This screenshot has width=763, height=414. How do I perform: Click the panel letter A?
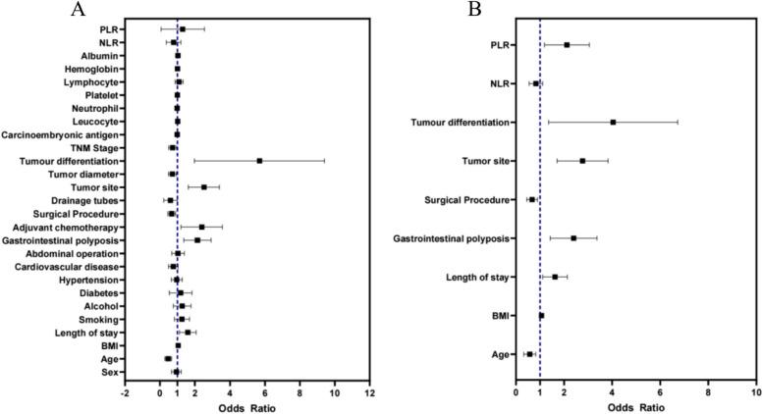tap(78, 10)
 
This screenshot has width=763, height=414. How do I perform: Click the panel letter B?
tap(448, 10)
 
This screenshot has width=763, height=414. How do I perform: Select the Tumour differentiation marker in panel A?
tap(259, 161)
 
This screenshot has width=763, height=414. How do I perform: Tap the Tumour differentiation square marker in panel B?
tap(613, 123)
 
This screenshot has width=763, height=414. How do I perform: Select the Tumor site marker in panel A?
tap(204, 187)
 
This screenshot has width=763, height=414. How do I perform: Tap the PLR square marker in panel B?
tap(567, 45)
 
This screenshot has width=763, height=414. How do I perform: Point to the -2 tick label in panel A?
tap(124, 392)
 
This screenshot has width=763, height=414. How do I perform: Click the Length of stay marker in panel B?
tap(555, 277)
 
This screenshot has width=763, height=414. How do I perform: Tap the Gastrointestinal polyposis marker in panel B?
tap(573, 238)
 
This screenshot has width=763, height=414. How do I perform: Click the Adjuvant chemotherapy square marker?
tap(201, 227)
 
